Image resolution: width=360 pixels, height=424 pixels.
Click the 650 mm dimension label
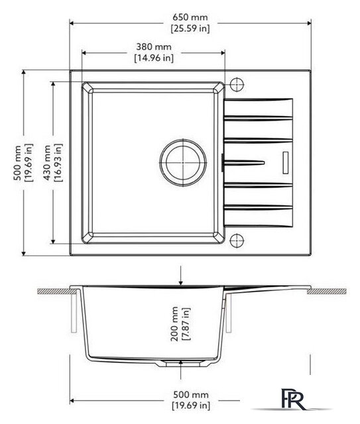coord(190,17)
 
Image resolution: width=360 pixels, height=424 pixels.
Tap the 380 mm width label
coord(154,47)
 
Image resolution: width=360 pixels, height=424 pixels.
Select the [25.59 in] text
coord(190,28)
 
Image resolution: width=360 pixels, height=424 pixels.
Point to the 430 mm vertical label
coord(47,163)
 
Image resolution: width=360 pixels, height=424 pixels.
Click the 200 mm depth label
coord(174,324)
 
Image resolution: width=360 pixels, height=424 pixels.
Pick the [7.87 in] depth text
coord(186,324)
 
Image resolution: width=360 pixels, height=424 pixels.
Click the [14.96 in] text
coord(154,58)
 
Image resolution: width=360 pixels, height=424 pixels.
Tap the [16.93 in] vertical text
coord(58,163)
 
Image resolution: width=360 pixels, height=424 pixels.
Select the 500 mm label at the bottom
coord(191,395)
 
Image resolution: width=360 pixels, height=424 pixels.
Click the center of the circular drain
coord(183,163)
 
